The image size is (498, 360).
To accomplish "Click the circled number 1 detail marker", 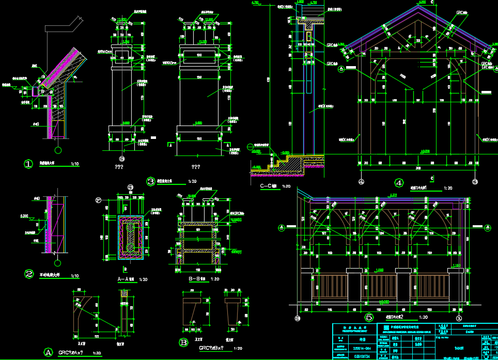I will pos(28,164).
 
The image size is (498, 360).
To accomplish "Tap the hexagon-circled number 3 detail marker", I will pos(151,181).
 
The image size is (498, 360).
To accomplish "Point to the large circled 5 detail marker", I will pos(369,317).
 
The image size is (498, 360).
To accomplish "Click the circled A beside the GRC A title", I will pos(48,352).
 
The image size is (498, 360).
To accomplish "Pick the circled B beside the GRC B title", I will pos(183,342).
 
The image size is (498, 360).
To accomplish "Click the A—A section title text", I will pos(126,279).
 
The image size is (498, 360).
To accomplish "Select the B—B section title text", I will pos(198,279).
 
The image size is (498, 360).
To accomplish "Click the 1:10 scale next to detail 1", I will pos(75,164).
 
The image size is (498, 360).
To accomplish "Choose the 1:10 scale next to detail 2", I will pos(75,276).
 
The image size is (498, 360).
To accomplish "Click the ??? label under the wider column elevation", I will pos(196,167).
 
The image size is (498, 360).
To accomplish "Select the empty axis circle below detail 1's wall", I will pos(58,150).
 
